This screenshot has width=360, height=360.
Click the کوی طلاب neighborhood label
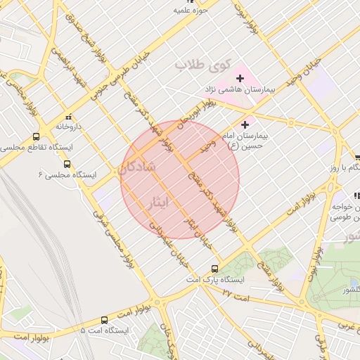coord(202,65)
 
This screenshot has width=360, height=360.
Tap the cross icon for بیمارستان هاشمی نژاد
coord(240,79)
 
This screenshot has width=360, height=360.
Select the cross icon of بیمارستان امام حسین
coord(245,124)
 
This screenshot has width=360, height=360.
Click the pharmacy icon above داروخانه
coord(68,117)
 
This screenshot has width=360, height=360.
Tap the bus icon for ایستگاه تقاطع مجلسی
coord(36,136)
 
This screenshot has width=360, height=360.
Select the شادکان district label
coord(137,168)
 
